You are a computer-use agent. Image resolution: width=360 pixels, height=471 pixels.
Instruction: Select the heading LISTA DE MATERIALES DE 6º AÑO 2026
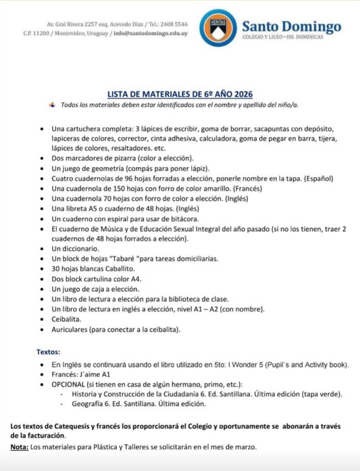180,95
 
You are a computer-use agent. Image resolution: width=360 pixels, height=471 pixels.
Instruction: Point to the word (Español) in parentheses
315,178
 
